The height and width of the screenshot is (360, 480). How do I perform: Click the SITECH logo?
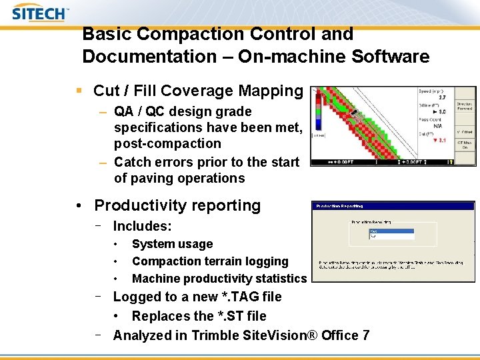[41, 13]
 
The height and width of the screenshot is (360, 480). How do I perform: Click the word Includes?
[142, 227]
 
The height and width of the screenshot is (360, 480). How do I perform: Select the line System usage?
[172, 244]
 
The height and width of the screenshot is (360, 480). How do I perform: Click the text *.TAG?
[249, 297]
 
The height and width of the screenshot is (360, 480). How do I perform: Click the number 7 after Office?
[365, 335]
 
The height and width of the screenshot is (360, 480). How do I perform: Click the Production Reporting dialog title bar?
[393, 206]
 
